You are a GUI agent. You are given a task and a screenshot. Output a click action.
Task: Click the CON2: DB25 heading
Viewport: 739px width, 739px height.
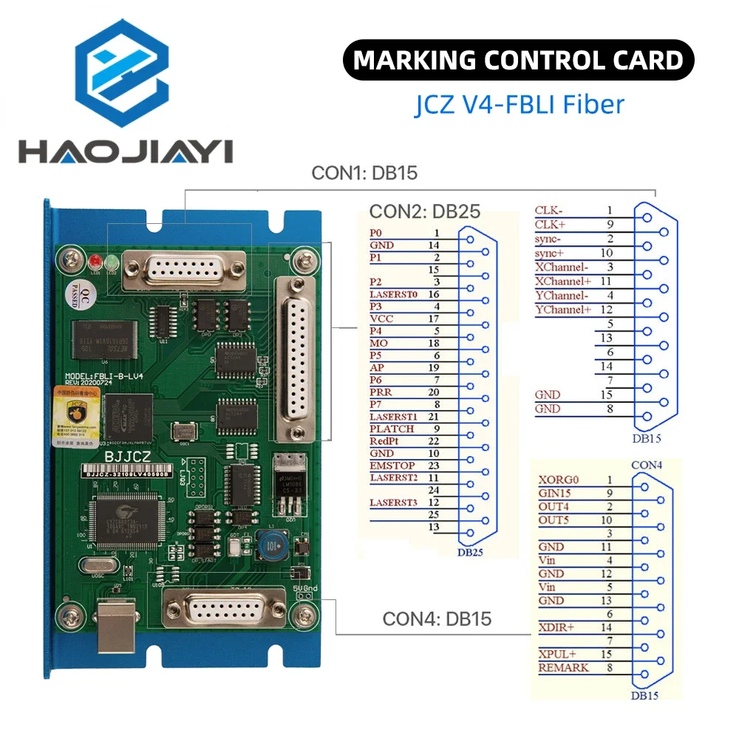(x=425, y=211)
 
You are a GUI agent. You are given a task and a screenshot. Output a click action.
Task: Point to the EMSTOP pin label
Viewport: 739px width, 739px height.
(x=392, y=466)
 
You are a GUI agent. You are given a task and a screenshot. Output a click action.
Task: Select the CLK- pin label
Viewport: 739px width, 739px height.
(x=549, y=211)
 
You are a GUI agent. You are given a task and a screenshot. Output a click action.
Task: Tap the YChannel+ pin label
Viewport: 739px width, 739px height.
(x=564, y=310)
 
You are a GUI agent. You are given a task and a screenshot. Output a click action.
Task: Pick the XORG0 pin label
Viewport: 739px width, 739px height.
(x=558, y=480)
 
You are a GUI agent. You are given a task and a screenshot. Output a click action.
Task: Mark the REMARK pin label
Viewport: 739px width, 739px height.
(x=564, y=667)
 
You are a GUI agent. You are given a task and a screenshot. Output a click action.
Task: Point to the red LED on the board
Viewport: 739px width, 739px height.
(x=95, y=262)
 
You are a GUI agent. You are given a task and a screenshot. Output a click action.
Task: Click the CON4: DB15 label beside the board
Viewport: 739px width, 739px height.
(x=437, y=619)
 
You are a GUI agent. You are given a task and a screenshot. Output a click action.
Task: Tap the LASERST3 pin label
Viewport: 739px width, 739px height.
(x=393, y=503)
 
